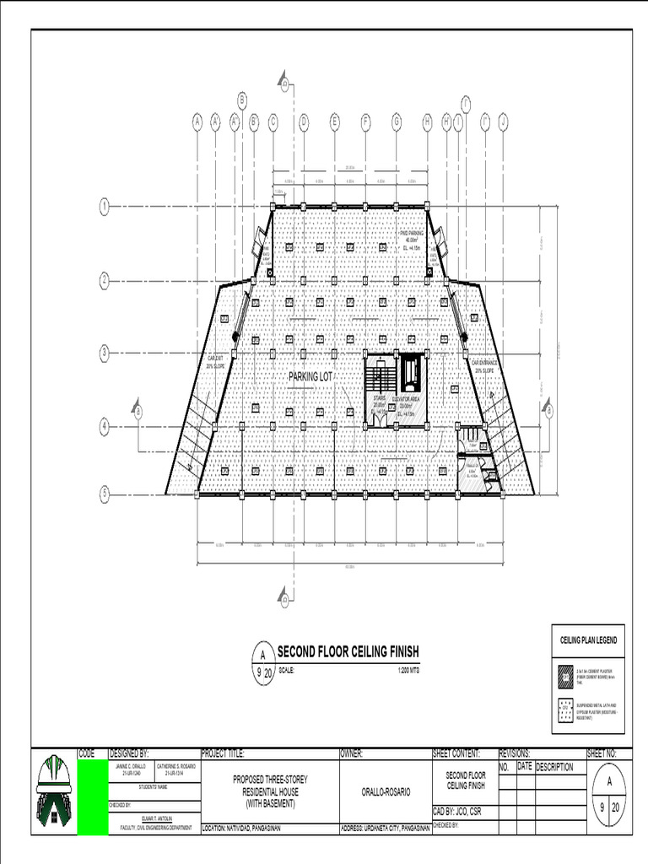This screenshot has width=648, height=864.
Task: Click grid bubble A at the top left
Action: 197,122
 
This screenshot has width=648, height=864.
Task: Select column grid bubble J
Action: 503,122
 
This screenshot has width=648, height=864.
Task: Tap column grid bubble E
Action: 334,122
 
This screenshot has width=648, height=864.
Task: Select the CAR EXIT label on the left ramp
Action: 215,362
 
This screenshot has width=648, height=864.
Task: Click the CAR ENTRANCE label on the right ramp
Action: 487,365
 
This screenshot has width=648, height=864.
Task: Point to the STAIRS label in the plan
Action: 380,397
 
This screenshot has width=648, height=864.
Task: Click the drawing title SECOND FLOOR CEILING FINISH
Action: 348,653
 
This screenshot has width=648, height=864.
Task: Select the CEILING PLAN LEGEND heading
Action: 588,640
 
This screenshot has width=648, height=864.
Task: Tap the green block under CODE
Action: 92,797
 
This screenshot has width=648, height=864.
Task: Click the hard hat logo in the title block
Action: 54,791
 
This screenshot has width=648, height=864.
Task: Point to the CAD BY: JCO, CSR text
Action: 462,812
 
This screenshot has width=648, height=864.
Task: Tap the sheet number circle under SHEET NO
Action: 608,796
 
